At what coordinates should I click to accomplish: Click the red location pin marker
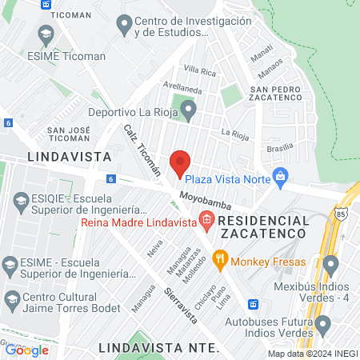tap(180, 162)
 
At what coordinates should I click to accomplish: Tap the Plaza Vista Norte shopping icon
tap(280, 176)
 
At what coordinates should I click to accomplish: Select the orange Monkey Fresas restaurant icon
tap(218, 258)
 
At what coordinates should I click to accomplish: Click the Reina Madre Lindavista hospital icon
tap(207, 219)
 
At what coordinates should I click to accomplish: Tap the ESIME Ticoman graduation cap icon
tap(46, 34)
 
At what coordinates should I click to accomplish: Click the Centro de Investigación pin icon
tap(124, 26)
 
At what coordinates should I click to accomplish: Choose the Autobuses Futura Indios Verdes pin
tap(323, 324)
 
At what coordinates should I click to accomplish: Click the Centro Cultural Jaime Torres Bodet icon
tap(11, 301)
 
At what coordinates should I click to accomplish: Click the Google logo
tap(27, 350)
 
